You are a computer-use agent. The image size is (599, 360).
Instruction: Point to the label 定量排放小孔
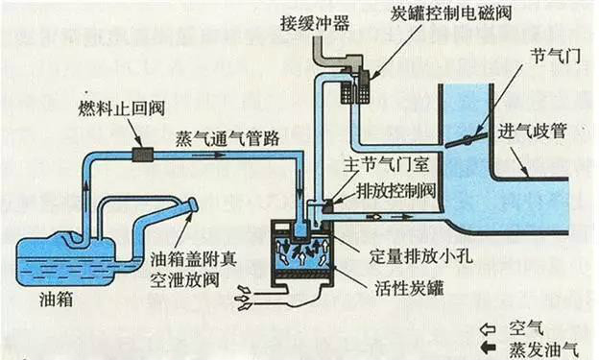[x=411, y=255]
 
